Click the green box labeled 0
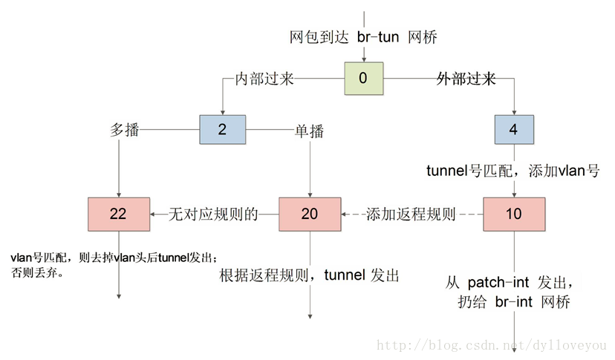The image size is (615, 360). (x=364, y=78)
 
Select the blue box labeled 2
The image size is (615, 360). (x=222, y=129)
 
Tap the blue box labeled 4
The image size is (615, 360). (x=514, y=129)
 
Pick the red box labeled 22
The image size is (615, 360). (x=118, y=215)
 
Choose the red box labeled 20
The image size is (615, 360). (x=310, y=215)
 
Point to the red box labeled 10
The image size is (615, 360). (x=513, y=215)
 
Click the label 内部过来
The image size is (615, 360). (x=264, y=79)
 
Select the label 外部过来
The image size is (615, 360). (x=466, y=79)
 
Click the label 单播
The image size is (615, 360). (x=310, y=131)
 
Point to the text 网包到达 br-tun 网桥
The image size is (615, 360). (x=363, y=37)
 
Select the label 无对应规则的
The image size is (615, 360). (x=214, y=215)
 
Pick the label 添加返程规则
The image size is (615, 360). (x=411, y=215)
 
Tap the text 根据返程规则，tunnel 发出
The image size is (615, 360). (x=310, y=276)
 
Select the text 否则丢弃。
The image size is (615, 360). (x=35, y=272)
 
